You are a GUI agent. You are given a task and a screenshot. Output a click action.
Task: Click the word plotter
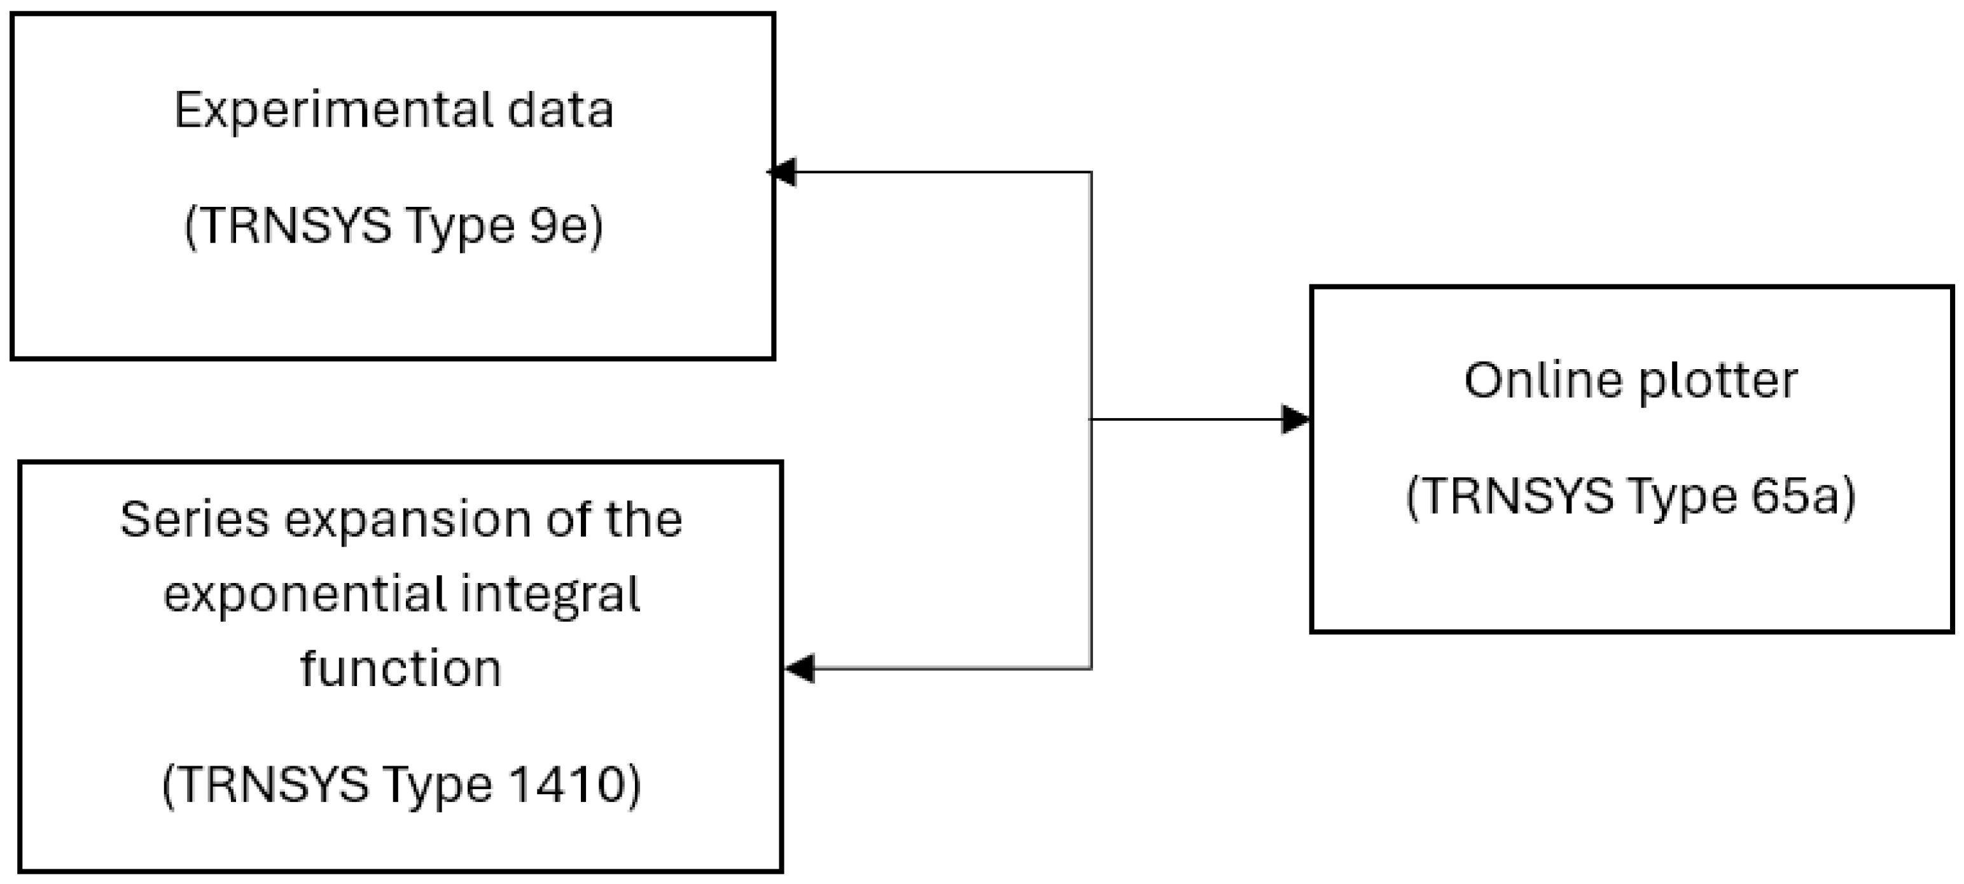[1718, 381]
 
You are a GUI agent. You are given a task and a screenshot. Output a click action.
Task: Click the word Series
[195, 520]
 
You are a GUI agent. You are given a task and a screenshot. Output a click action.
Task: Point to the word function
[401, 669]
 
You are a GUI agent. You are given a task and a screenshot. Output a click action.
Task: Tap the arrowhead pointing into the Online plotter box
[1295, 419]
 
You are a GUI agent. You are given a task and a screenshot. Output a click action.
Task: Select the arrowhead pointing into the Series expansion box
[800, 668]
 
